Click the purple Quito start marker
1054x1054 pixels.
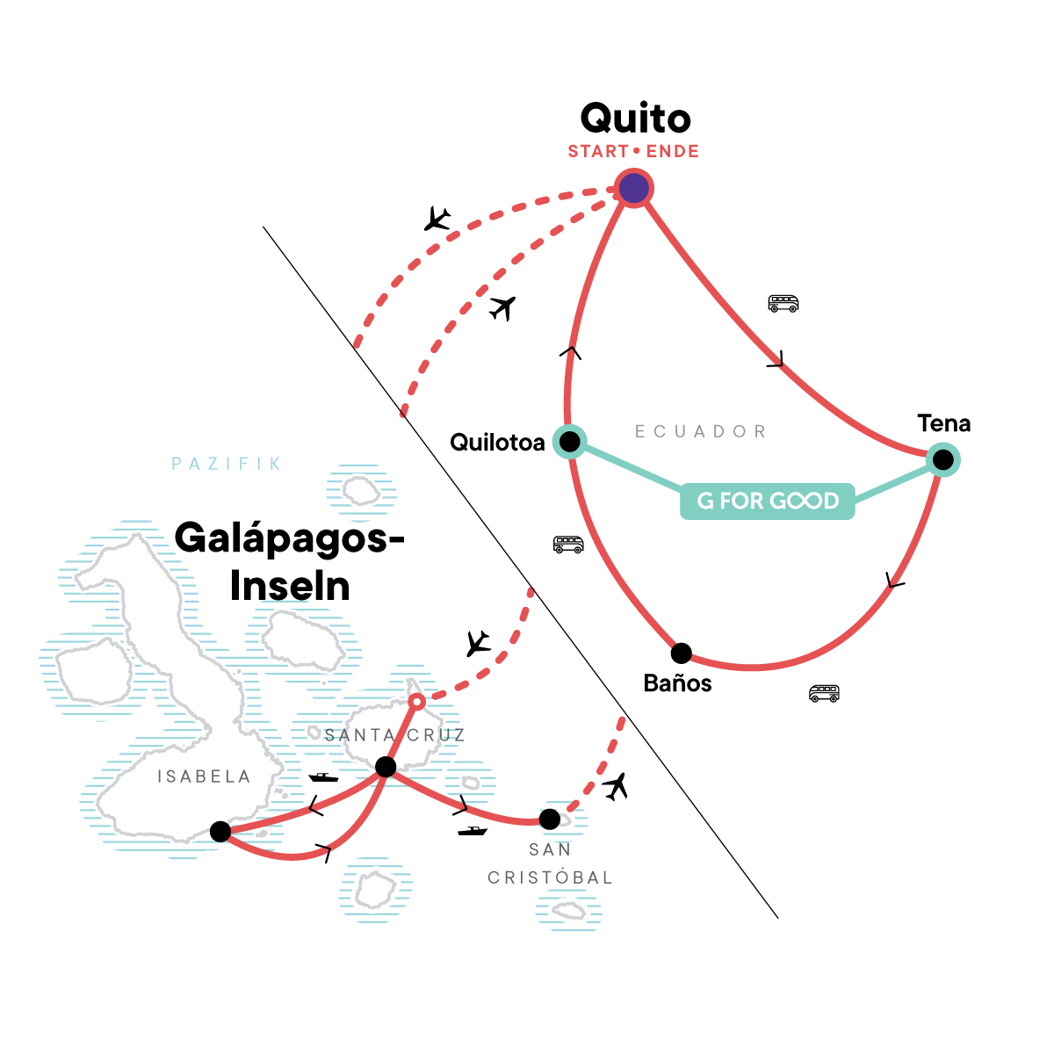coord(634,188)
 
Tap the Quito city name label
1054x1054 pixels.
coord(636,119)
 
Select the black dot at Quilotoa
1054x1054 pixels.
coord(570,441)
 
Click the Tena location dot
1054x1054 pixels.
coord(942,458)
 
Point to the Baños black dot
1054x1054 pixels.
coord(681,653)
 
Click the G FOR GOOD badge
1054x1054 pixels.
coord(768,501)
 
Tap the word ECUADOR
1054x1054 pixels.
coord(701,431)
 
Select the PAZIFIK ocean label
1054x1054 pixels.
coord(227,464)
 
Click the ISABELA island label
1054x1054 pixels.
coord(204,776)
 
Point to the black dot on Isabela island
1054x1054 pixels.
coord(220,831)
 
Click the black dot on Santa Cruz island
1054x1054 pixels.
coord(385,768)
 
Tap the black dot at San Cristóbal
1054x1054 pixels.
coord(549,819)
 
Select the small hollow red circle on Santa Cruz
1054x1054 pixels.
coord(417,701)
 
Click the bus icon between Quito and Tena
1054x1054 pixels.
coord(783,304)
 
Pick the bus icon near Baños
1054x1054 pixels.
coord(824,693)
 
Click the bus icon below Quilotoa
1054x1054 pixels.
coord(568,545)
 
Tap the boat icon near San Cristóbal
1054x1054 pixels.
coord(472,831)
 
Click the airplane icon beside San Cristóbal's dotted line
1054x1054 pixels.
coord(617,786)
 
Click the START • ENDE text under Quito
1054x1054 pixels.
coord(633,151)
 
